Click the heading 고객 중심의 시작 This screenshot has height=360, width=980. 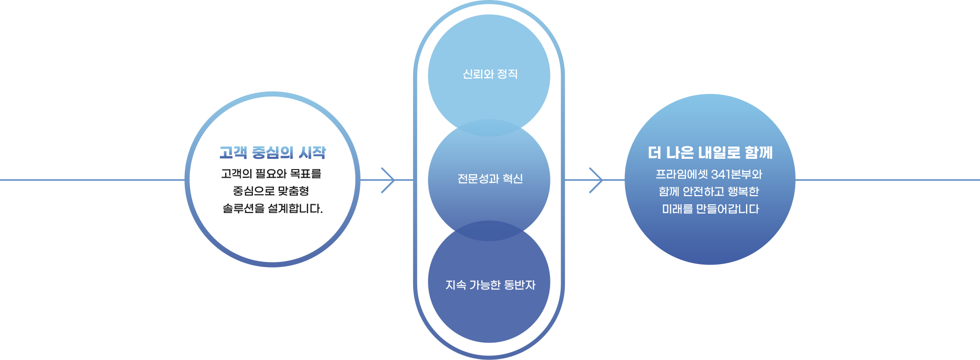[x=272, y=153]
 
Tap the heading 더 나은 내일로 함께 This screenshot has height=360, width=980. [x=710, y=153]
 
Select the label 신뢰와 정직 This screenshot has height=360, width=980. [x=490, y=75]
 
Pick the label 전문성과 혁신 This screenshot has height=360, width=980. [x=490, y=179]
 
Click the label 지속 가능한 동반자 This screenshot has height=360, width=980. [x=490, y=285]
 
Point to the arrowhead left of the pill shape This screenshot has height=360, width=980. [x=389, y=180]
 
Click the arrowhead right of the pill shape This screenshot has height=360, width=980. [x=597, y=180]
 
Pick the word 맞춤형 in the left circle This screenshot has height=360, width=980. [x=293, y=191]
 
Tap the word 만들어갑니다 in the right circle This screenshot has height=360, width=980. [x=727, y=209]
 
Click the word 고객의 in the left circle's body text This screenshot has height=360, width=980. [x=236, y=174]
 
